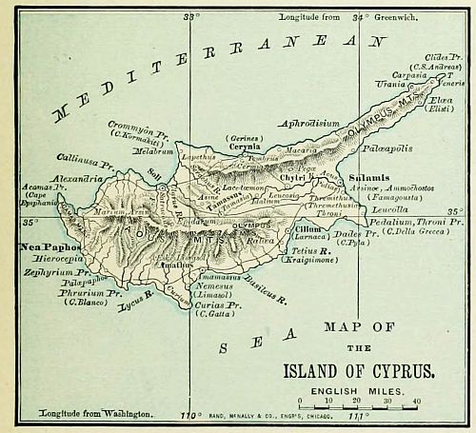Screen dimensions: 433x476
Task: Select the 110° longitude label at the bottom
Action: [192, 417]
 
